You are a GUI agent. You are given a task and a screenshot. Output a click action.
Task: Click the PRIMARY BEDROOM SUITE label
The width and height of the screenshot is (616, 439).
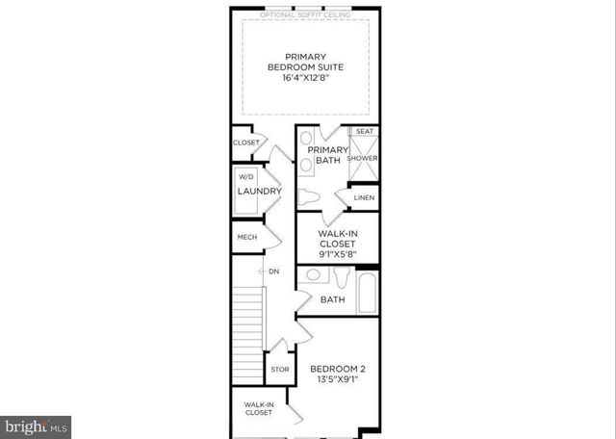pyautogui.click(x=306, y=62)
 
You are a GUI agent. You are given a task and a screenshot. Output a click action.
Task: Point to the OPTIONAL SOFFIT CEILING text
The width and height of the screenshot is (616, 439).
pyautogui.click(x=305, y=14)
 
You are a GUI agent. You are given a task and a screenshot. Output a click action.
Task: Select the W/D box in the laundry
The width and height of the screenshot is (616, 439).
pyautogui.click(x=245, y=177)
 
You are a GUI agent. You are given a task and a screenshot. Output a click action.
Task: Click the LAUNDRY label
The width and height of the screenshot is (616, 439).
pyautogui.click(x=259, y=192)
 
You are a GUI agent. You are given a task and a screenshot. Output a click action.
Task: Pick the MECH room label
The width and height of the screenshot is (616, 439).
pyautogui.click(x=245, y=237)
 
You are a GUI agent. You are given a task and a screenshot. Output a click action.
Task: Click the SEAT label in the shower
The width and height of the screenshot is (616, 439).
pyautogui.click(x=364, y=131)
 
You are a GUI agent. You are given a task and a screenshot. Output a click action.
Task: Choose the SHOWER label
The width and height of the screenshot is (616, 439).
pyautogui.click(x=363, y=158)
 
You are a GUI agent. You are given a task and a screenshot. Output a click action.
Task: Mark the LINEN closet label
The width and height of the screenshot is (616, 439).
pyautogui.click(x=364, y=198)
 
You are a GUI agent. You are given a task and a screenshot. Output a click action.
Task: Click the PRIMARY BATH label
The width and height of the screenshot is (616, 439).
pyautogui.click(x=325, y=156)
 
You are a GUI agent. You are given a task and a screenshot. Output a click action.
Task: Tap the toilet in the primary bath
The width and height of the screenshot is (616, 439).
pyautogui.click(x=310, y=198)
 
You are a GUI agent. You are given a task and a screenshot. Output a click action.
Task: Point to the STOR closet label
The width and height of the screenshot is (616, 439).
pyautogui.click(x=279, y=370)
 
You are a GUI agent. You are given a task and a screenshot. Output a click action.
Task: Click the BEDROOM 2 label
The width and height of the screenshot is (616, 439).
pyautogui.click(x=337, y=369)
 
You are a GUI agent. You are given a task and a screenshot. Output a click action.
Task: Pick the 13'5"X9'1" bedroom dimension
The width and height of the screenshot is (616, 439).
pyautogui.click(x=337, y=381)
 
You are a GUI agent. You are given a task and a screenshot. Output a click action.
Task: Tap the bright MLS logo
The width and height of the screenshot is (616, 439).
pyautogui.click(x=37, y=424)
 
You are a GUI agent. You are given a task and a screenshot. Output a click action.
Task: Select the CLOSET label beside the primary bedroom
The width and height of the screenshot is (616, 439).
pyautogui.click(x=245, y=142)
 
